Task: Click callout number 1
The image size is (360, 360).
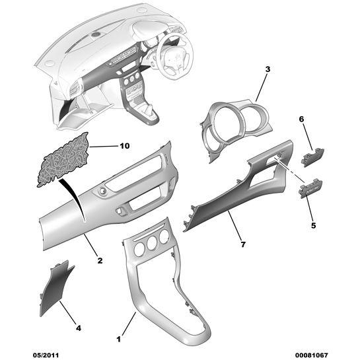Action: coord(118,339)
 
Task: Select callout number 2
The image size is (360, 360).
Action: coord(100,260)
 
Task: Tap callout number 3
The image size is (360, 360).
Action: coord(268,69)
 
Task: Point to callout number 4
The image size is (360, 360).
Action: coord(79,328)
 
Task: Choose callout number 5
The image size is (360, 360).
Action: coord(313,225)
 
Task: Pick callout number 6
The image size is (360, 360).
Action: coord(301,119)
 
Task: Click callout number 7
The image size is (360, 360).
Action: coord(243,244)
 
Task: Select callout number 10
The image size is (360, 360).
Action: coord(125,146)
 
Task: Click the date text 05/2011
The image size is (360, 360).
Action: coord(46,355)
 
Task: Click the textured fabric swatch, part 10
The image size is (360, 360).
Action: coord(64,160)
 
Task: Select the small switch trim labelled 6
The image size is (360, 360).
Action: coord(312,158)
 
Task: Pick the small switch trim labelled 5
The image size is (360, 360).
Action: coord(311,189)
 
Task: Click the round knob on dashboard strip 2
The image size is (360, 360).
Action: coord(102,190)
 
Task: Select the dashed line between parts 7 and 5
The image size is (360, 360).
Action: coord(289,170)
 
